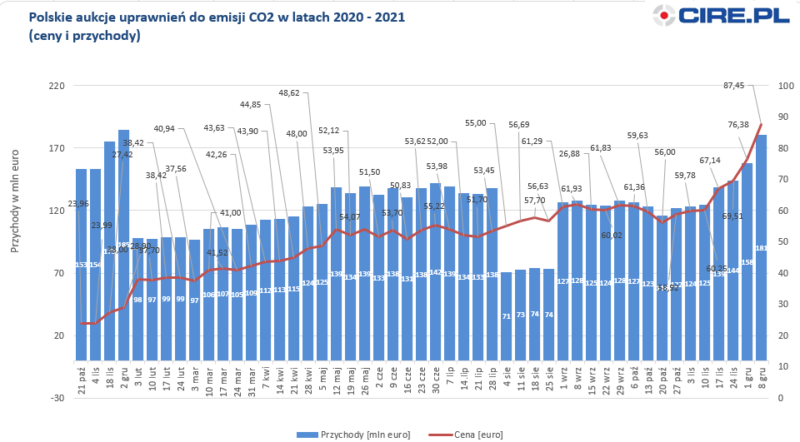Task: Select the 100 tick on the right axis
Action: [784, 86]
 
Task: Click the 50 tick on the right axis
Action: [784, 241]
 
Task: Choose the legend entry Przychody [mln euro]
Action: [349, 435]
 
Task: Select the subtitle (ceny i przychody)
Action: [83, 36]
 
